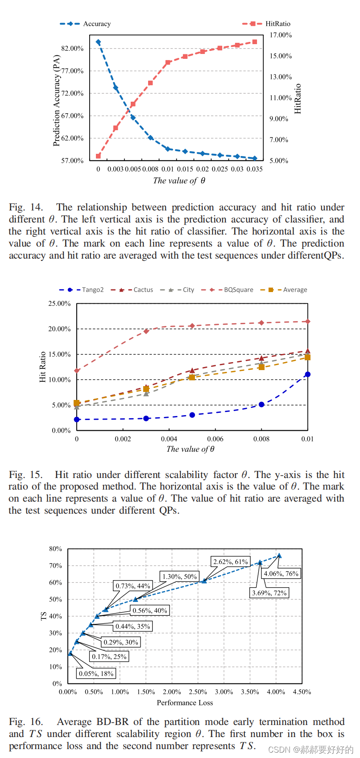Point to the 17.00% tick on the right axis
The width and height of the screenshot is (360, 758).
pyautogui.click(x=281, y=35)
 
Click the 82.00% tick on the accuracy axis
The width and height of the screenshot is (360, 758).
pyautogui.click(x=72, y=48)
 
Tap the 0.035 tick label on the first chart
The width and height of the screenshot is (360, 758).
pyautogui.click(x=254, y=169)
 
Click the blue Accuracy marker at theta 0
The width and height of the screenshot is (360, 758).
pyautogui.click(x=98, y=42)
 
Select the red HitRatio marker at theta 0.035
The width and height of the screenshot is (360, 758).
pyautogui.click(x=255, y=42)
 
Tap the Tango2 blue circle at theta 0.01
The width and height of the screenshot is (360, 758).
pyautogui.click(x=307, y=375)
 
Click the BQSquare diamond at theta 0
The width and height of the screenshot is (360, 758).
pyautogui.click(x=77, y=371)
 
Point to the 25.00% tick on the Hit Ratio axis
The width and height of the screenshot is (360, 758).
pyautogui.click(x=60, y=304)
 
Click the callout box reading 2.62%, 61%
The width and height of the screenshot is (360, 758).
pyautogui.click(x=230, y=562)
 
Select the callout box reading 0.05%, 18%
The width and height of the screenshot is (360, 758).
pyautogui.click(x=96, y=673)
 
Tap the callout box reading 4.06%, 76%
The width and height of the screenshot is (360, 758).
pyautogui.click(x=281, y=573)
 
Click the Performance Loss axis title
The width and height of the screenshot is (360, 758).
pyautogui.click(x=185, y=703)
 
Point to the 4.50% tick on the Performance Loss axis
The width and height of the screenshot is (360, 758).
pyautogui.click(x=302, y=692)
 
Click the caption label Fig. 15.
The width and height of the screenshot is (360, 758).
pyautogui.click(x=26, y=475)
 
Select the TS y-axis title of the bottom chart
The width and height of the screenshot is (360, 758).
pyautogui.click(x=44, y=616)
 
